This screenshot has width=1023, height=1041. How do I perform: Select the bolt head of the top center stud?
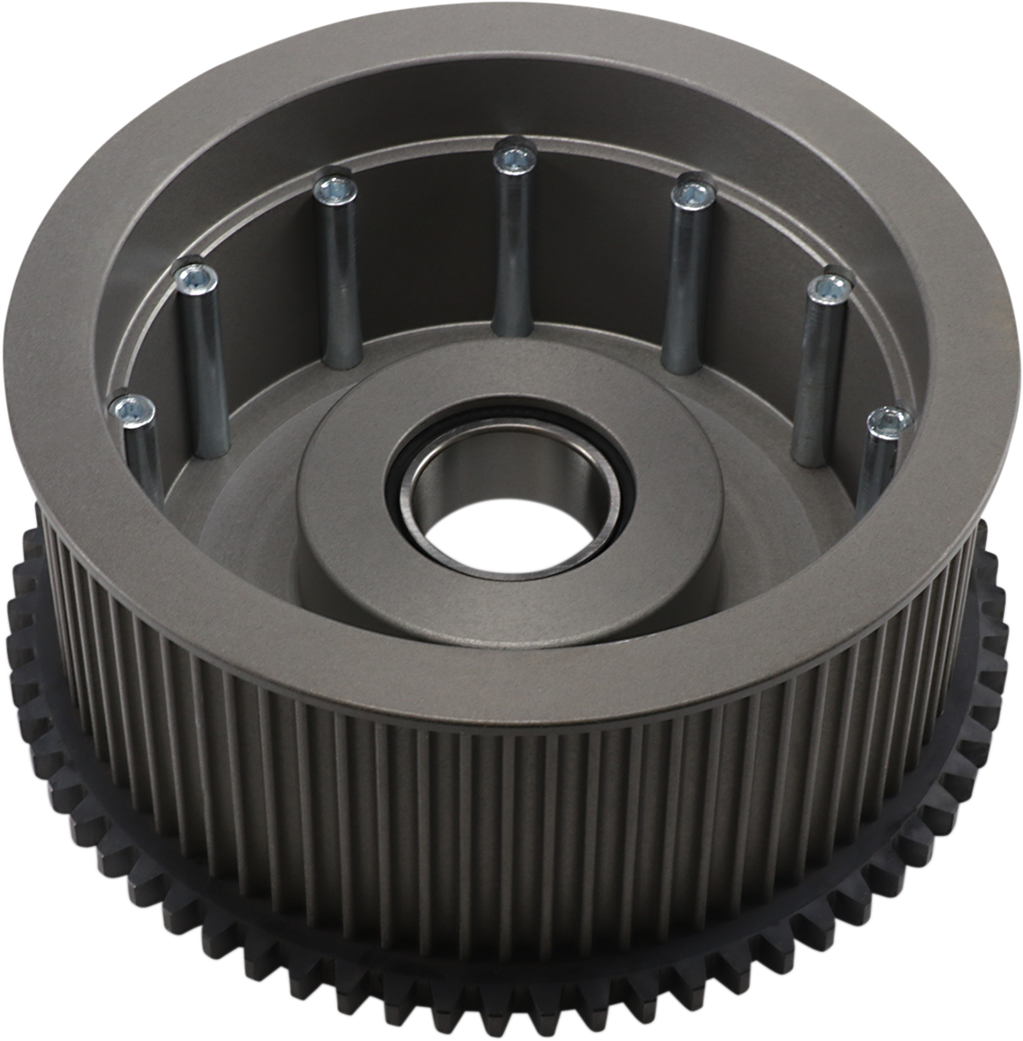point(515,160)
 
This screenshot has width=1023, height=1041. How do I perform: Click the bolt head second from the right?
point(828,290)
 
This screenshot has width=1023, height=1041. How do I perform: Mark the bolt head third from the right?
point(715,194)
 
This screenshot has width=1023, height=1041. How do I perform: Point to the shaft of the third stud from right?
point(702,279)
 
